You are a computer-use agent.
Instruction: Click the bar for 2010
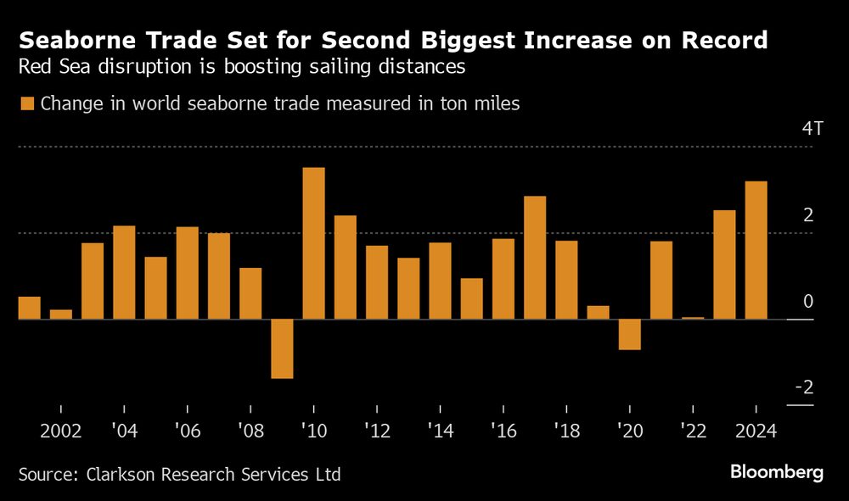[314, 243]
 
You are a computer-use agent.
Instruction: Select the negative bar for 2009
[282, 348]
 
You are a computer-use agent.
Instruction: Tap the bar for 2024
[756, 250]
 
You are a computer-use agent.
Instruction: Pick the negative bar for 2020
[629, 334]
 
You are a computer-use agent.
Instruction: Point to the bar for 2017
[535, 258]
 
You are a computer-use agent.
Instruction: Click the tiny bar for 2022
[693, 318]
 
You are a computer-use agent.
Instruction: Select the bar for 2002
[61, 315]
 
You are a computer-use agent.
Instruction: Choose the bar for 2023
[724, 264]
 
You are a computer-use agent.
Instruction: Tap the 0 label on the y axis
[807, 302]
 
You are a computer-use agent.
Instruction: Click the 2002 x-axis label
[60, 431]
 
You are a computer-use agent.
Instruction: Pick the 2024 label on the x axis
[756, 431]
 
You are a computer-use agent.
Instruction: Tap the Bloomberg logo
[777, 473]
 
